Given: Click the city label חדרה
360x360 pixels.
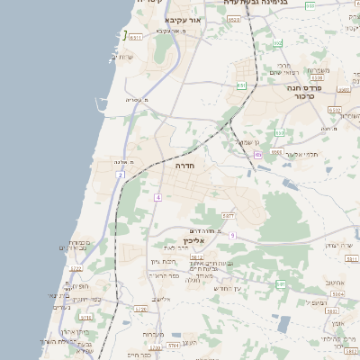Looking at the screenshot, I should click(x=184, y=166).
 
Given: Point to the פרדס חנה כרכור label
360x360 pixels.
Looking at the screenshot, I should click(x=305, y=91).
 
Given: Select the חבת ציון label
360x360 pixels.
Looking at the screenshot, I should click(x=161, y=261).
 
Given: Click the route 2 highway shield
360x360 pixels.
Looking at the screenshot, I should click(x=120, y=175).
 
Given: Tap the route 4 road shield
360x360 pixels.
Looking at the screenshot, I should click(x=157, y=197).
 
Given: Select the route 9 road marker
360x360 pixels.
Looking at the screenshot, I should click(x=231, y=235).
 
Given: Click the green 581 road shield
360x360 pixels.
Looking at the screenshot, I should click(x=280, y=284).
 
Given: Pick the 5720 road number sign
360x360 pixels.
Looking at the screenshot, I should click(x=140, y=309).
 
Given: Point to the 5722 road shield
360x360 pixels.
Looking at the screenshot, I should click(x=76, y=268).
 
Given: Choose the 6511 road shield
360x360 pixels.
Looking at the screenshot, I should click(x=135, y=38).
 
